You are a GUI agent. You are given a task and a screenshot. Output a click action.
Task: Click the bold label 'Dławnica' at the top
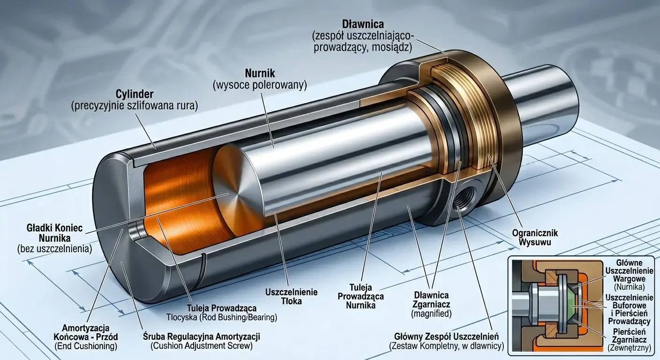tap(363, 24)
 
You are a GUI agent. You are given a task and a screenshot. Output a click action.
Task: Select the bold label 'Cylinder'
tap(135, 94)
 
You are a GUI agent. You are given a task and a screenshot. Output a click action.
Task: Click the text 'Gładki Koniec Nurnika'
tap(54, 232)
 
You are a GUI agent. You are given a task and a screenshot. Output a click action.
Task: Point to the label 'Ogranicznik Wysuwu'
tap(535, 238)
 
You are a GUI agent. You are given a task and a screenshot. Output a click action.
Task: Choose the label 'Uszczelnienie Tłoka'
tap(292, 297)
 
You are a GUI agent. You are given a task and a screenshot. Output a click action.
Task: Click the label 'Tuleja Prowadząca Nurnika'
tap(360, 296)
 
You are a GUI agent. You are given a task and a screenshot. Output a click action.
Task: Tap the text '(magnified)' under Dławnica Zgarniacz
tap(431, 314)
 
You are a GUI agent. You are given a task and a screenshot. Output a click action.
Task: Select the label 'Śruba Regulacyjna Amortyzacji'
tap(202, 337)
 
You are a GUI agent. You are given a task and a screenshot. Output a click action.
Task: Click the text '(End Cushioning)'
tap(86, 346)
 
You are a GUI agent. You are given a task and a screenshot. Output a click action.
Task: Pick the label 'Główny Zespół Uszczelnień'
tap(446, 337)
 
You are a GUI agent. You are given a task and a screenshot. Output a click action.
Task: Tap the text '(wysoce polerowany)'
tap(260, 85)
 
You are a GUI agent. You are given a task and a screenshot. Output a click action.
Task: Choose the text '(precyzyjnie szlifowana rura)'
tap(135, 106)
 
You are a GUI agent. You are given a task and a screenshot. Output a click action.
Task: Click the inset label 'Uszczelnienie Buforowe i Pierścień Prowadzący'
tap(630, 309)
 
